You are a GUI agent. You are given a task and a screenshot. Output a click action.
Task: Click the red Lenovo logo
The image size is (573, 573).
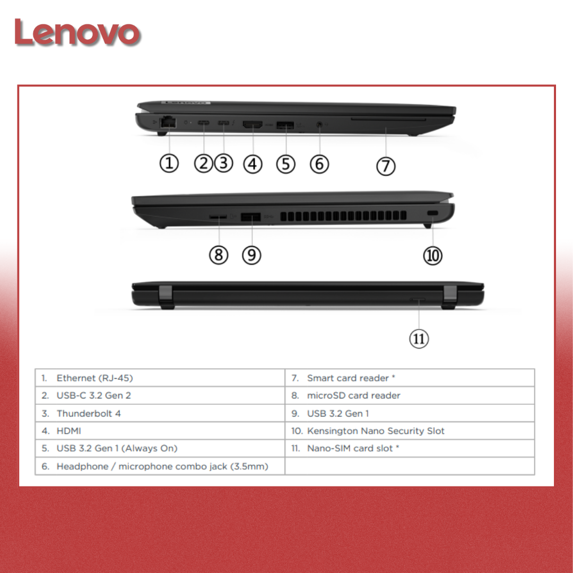tap(77, 32)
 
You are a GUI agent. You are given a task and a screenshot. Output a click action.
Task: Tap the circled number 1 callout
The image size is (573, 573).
tap(169, 163)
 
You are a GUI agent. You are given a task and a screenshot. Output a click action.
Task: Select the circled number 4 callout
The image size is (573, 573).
tap(253, 164)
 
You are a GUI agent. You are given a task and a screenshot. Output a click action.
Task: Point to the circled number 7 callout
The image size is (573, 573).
tap(386, 166)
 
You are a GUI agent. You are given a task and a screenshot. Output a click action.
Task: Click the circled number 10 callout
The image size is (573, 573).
tap(433, 255)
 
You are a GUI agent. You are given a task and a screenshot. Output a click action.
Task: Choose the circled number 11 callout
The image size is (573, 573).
tap(419, 338)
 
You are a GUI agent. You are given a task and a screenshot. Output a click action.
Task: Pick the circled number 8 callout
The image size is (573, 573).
tap(219, 255)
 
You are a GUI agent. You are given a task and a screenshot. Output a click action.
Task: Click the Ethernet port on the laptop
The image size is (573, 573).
tap(168, 122)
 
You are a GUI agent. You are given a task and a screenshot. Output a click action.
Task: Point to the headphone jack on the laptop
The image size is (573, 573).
tap(319, 125)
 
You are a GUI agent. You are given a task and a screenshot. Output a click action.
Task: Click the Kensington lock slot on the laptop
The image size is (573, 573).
tap(432, 213)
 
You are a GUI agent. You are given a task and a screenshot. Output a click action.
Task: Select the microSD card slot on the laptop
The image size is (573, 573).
tap(218, 216)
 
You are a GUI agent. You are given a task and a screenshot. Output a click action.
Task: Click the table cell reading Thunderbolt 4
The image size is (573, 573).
tap(160, 413)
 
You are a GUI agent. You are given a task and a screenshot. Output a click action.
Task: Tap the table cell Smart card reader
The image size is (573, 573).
tap(410, 378)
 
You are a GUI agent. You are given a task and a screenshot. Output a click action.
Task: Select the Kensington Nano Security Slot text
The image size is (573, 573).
tap(376, 431)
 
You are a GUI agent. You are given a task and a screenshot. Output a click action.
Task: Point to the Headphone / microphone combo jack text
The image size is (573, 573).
tap(162, 466)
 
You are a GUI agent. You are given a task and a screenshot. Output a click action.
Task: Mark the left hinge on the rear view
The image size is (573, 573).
tap(166, 297)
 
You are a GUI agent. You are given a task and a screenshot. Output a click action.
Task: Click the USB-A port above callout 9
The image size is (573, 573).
tap(250, 216)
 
